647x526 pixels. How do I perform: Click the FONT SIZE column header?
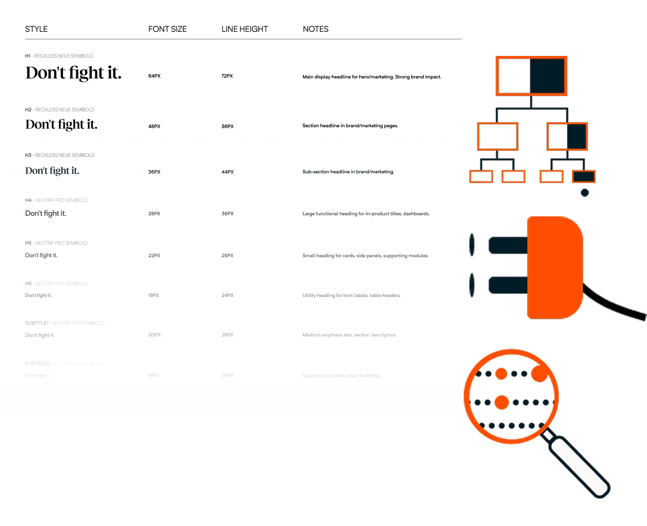point(167,29)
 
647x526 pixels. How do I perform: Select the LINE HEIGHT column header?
point(245,29)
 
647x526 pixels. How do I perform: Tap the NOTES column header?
point(315,29)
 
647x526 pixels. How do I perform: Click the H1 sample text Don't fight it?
point(73,73)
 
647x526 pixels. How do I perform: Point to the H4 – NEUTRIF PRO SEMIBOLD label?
point(57,200)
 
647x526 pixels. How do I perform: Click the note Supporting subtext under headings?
point(341,375)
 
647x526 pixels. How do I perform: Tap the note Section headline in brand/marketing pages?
point(350,126)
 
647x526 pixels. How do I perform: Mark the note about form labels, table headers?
point(351,295)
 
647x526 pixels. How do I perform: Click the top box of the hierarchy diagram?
point(531,76)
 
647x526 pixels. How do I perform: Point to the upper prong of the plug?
point(508,245)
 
